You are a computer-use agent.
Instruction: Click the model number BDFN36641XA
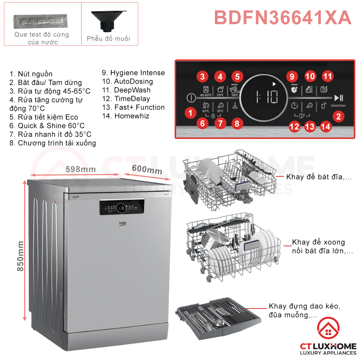(x=283, y=18)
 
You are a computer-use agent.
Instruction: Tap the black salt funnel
(x=108, y=20)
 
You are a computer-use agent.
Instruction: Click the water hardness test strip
(x=41, y=22)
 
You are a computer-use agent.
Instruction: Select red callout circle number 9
(x=292, y=76)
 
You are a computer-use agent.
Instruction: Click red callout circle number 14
(x=325, y=126)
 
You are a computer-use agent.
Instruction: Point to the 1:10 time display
(x=267, y=97)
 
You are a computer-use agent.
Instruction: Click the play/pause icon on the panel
(x=338, y=98)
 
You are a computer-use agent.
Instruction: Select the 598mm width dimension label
(x=81, y=169)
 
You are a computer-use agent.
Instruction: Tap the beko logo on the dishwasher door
(x=123, y=224)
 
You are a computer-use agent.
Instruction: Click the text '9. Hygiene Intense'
(x=133, y=73)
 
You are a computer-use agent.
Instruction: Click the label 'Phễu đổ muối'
(x=108, y=39)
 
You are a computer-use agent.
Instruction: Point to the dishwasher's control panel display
(x=122, y=207)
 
